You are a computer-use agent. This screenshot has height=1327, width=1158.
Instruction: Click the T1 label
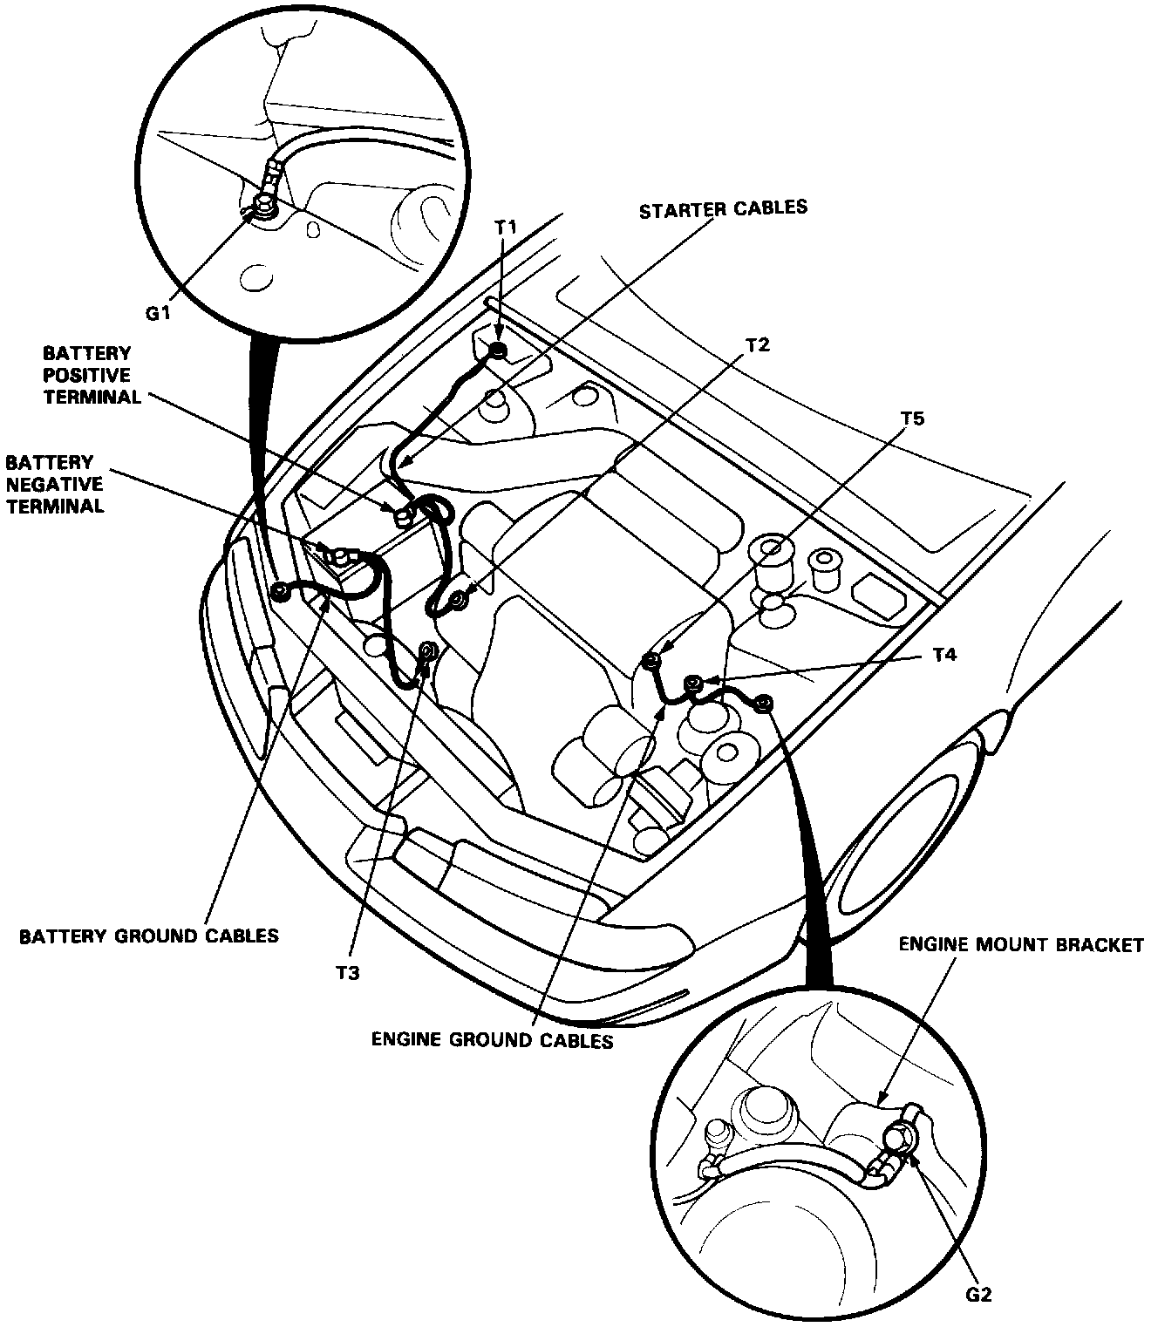[x=506, y=228]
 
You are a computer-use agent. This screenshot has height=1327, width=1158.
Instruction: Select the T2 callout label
[x=757, y=344]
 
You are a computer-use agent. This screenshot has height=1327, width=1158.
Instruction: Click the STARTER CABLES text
[x=723, y=209]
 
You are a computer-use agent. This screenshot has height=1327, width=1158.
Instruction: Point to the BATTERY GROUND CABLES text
[x=149, y=936]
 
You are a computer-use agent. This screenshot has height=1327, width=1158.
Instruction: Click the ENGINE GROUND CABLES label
[x=492, y=1040]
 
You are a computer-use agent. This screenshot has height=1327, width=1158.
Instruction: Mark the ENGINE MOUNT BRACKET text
[x=1020, y=945]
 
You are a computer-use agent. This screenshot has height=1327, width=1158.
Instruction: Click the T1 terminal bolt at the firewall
[x=498, y=350]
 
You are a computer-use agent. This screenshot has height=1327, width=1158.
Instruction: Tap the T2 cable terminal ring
[x=456, y=599]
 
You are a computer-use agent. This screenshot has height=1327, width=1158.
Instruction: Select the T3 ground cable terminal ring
[x=428, y=650]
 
